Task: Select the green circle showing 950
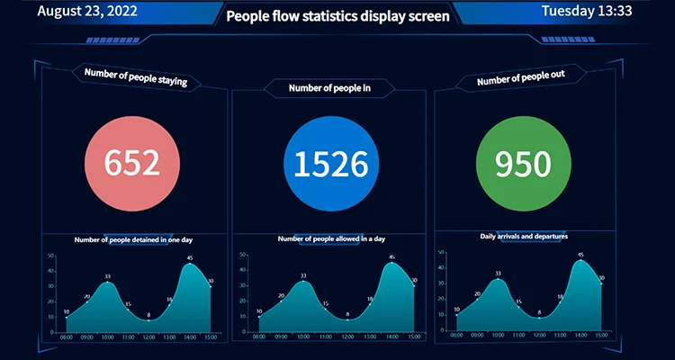pyautogui.click(x=522, y=163)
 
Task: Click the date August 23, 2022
pyautogui.click(x=89, y=12)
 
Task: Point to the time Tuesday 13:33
pyautogui.click(x=588, y=12)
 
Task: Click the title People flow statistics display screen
pyautogui.click(x=337, y=15)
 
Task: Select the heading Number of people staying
pyautogui.click(x=135, y=77)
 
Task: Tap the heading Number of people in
pyautogui.click(x=329, y=88)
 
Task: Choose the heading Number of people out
pyautogui.click(x=521, y=79)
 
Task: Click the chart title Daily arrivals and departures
pyautogui.click(x=524, y=236)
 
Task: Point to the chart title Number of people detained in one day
pyautogui.click(x=133, y=239)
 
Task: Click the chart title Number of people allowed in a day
pyautogui.click(x=331, y=238)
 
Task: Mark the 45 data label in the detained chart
pyautogui.click(x=190, y=258)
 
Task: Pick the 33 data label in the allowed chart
pyautogui.click(x=303, y=276)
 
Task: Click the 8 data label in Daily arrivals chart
pyautogui.click(x=539, y=312)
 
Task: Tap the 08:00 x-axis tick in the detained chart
pyautogui.click(x=67, y=337)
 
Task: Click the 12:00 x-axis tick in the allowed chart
pyautogui.click(x=348, y=337)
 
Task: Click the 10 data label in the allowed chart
pyautogui.click(x=259, y=312)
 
